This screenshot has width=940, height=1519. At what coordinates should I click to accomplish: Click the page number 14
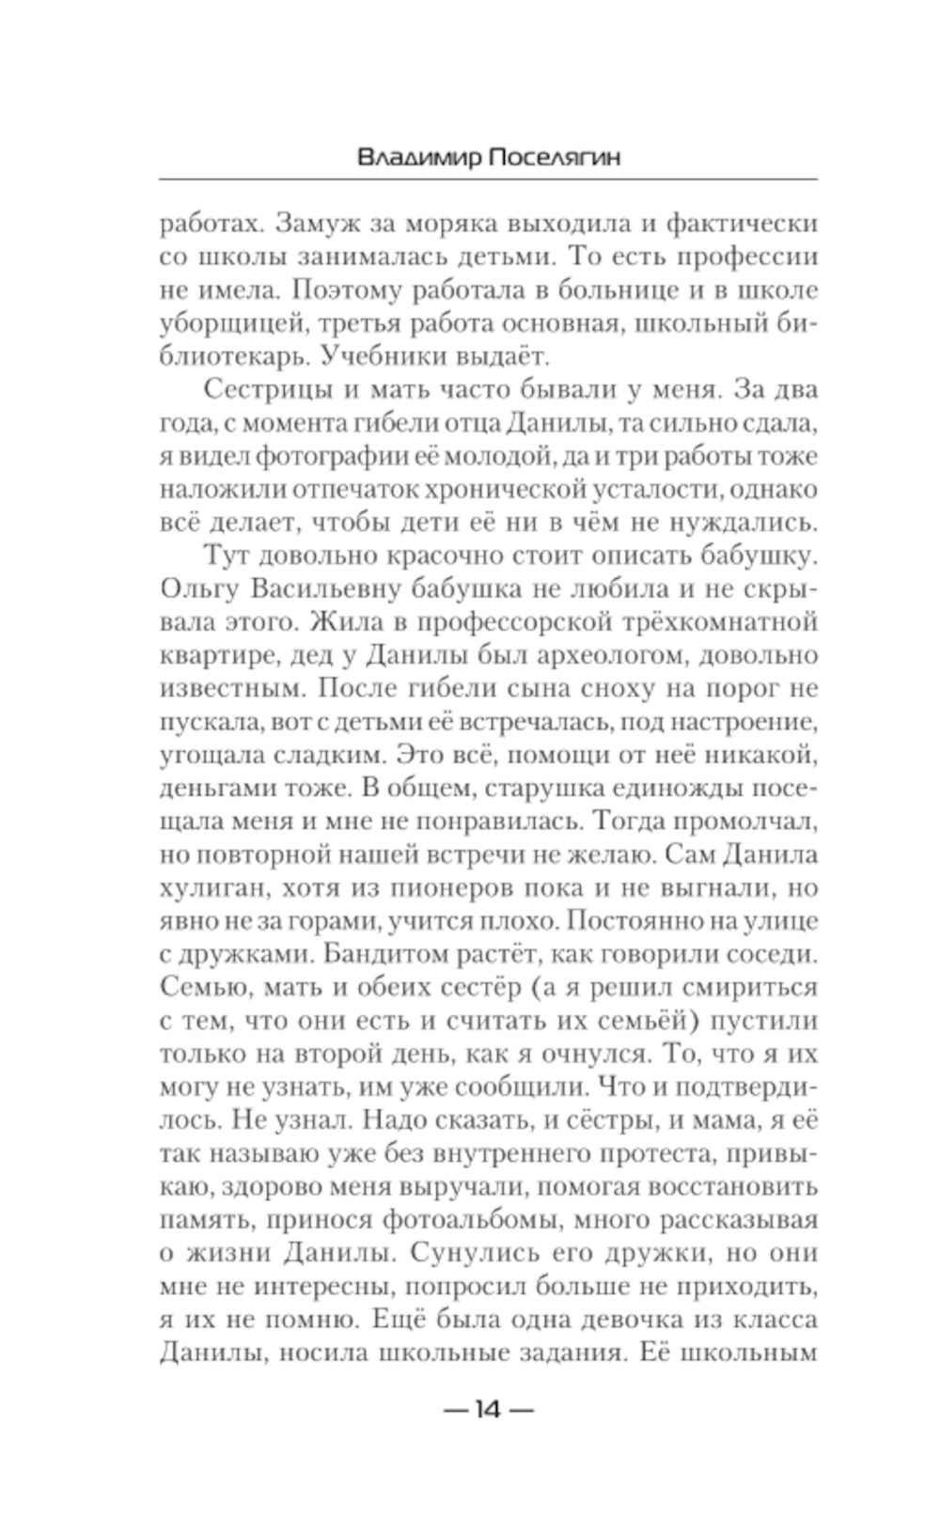click(488, 1409)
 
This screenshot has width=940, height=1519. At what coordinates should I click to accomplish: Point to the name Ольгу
click(198, 588)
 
